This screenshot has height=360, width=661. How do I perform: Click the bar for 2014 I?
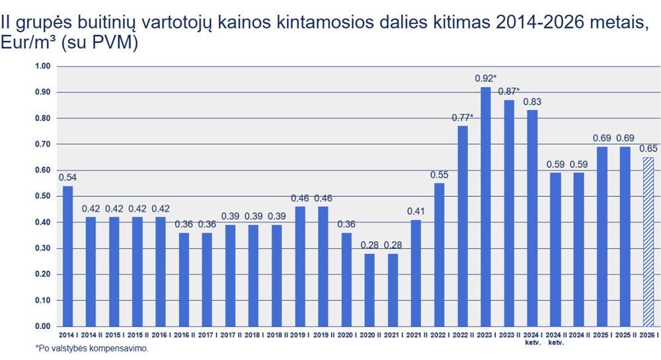click(67, 256)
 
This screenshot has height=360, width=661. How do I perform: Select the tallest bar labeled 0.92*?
click(486, 207)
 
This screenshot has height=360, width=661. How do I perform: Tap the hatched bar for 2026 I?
click(648, 242)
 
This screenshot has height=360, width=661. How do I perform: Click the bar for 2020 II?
click(369, 290)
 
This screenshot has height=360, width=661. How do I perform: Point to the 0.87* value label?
click(509, 90)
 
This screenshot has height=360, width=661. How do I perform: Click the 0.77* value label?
click(463, 117)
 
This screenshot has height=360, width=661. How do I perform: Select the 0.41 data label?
click(416, 211)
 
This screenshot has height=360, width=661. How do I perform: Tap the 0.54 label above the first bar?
click(67, 177)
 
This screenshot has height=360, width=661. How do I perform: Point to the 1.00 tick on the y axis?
click(43, 66)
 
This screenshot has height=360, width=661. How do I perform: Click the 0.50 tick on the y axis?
click(43, 196)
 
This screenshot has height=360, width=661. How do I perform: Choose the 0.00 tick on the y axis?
click(43, 326)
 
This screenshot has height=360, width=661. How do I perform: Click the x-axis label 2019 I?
click(299, 336)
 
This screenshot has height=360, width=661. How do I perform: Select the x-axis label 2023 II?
click(509, 336)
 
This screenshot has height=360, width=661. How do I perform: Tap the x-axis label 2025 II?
click(625, 336)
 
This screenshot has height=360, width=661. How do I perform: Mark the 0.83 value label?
click(532, 102)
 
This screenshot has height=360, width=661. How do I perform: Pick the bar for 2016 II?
click(184, 280)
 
